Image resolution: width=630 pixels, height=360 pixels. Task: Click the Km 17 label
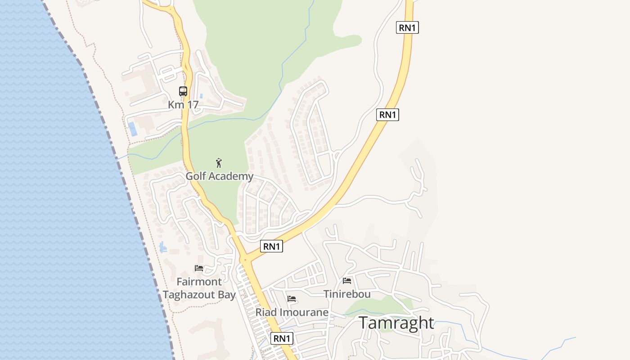(x=183, y=104)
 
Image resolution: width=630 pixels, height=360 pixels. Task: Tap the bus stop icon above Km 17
(x=183, y=91)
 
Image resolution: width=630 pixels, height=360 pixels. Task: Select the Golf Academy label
(x=220, y=176)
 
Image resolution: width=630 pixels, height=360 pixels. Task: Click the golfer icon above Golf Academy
(x=219, y=163)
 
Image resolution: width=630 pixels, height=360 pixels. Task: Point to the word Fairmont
(x=199, y=282)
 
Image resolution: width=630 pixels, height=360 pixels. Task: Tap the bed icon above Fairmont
(x=199, y=268)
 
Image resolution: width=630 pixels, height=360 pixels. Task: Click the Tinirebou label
(x=347, y=294)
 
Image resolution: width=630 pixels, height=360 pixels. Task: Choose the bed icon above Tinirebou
(x=347, y=281)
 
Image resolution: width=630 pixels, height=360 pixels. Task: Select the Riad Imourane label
(x=292, y=312)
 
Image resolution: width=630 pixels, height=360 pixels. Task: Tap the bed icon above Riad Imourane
(x=292, y=298)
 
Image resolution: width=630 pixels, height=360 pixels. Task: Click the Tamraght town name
(x=396, y=323)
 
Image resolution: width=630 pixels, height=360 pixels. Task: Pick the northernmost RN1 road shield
(x=407, y=27)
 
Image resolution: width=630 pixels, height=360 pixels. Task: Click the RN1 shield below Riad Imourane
(x=282, y=338)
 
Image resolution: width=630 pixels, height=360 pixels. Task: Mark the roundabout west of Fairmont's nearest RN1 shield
(x=245, y=260)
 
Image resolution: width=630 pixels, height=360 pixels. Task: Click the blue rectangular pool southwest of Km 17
(x=133, y=129)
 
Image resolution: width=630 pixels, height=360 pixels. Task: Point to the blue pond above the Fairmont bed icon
(x=162, y=247)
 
